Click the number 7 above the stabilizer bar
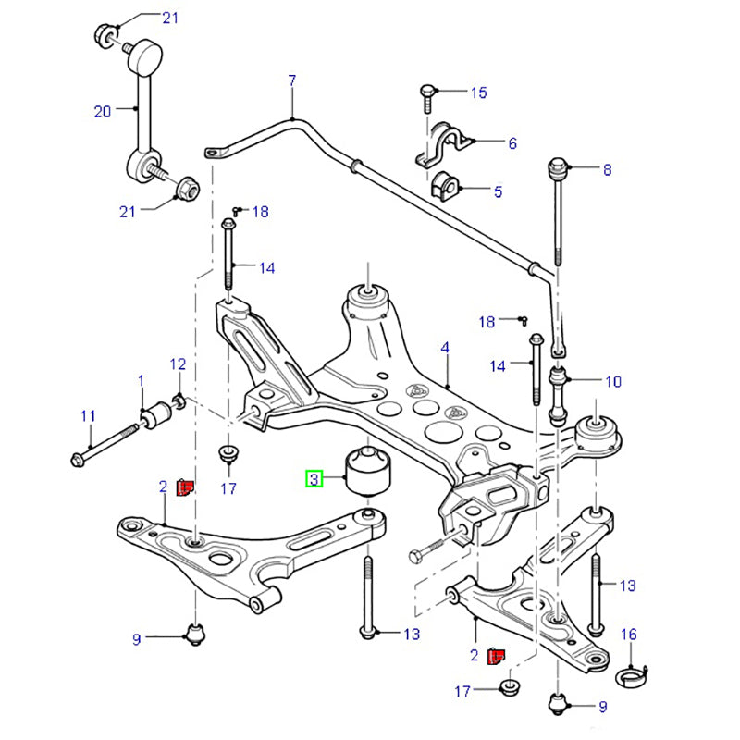coord(291,81)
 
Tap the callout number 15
coord(478,92)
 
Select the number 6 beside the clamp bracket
coord(512,143)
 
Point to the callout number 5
coord(498,192)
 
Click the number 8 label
coord(607,170)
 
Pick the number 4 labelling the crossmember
coord(445,348)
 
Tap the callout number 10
coord(612,381)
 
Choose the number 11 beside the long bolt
coord(88,416)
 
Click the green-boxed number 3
coord(314,479)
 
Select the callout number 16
coord(629,634)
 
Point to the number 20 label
coord(102,112)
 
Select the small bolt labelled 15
coord(428,93)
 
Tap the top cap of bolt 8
coord(558,168)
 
